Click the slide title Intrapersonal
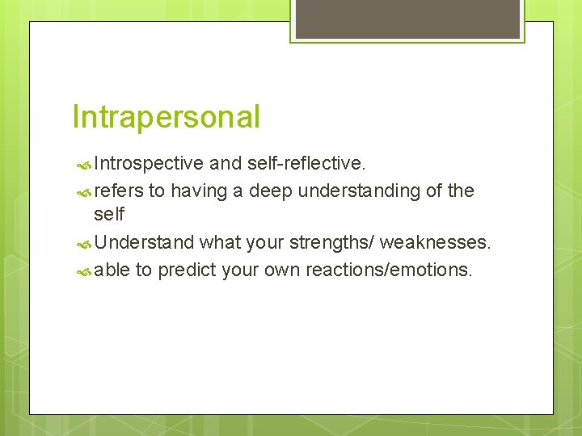(166, 117)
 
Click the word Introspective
(149, 164)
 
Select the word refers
(118, 191)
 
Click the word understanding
(357, 191)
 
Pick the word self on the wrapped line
(109, 215)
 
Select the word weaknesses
(435, 242)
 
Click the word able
(112, 269)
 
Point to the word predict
(186, 269)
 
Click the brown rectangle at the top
(407, 19)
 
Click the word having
(199, 191)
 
